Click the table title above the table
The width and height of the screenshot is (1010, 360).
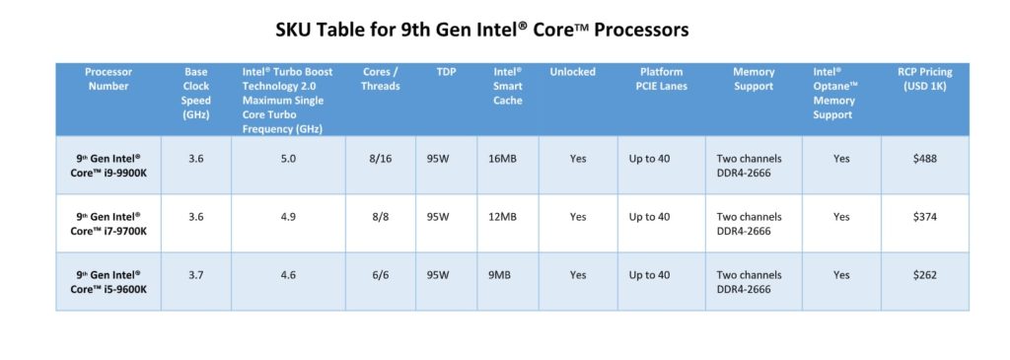pyautogui.click(x=482, y=30)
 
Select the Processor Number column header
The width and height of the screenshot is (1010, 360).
pyautogui.click(x=108, y=79)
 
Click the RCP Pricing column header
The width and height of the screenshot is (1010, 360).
pyautogui.click(x=924, y=79)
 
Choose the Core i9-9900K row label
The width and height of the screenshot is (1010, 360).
pyautogui.click(x=108, y=165)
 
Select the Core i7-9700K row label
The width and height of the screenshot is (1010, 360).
pyautogui.click(x=108, y=223)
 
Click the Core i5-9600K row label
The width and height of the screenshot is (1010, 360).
pyautogui.click(x=108, y=282)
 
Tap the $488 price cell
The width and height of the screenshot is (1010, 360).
pyautogui.click(x=924, y=158)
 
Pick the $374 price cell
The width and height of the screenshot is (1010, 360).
pyautogui.click(x=924, y=217)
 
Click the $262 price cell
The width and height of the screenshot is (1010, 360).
pyautogui.click(x=924, y=275)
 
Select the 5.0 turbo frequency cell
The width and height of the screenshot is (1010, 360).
pyautogui.click(x=288, y=158)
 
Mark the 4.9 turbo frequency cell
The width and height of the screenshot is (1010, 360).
pyautogui.click(x=288, y=217)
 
